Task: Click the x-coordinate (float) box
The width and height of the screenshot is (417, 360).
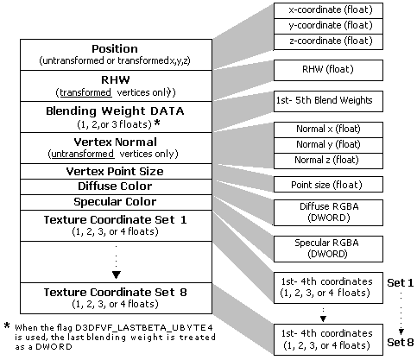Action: [x=328, y=11]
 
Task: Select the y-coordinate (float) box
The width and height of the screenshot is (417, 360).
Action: [x=328, y=27]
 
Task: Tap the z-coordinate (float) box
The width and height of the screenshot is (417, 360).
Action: [x=328, y=42]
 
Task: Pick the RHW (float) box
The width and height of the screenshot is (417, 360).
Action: [x=328, y=70]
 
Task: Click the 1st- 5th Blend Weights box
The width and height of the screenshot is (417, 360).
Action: [x=328, y=101]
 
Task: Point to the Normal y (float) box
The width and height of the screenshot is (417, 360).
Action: [x=328, y=145]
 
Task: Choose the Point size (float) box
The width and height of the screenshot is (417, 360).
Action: [x=328, y=185]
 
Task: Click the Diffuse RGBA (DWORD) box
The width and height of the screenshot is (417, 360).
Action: [x=328, y=212]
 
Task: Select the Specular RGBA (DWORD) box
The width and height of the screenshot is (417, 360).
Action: [x=328, y=249]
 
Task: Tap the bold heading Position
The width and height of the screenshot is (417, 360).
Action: [x=115, y=49]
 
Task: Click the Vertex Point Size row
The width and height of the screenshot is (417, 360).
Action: [x=116, y=172]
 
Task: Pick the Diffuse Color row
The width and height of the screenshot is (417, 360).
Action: [x=116, y=186]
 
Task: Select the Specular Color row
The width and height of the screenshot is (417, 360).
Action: [x=116, y=202]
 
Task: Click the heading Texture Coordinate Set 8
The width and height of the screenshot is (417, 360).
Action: [x=116, y=293]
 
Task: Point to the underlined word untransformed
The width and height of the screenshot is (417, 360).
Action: [x=82, y=154]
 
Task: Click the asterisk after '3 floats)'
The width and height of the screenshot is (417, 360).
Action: [x=157, y=123]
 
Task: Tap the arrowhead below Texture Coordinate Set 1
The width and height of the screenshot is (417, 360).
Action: [x=116, y=275]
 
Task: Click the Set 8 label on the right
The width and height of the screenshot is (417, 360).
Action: [x=401, y=343]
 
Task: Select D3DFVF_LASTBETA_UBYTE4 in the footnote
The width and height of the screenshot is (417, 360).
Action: [x=144, y=328]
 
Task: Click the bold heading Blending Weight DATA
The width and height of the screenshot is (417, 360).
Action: [x=115, y=111]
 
